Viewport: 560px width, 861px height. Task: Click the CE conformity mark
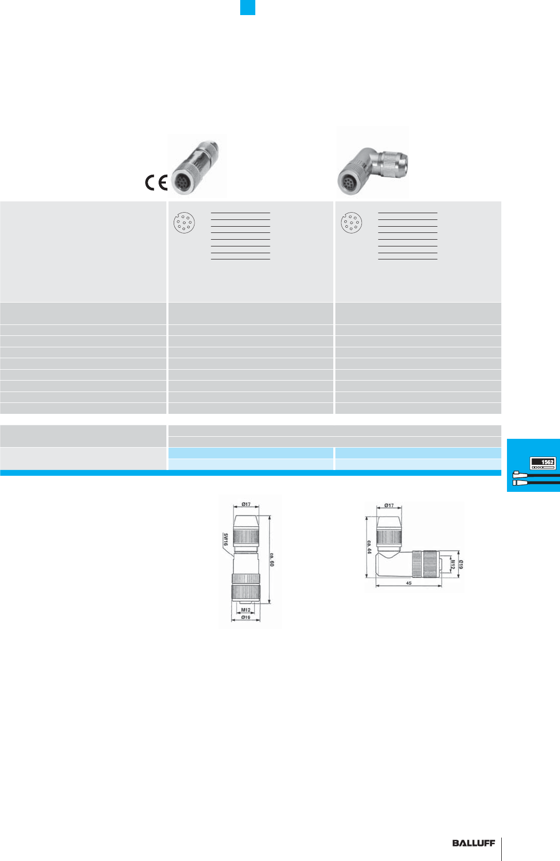tap(156, 182)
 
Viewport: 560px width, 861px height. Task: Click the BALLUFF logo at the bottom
tap(473, 843)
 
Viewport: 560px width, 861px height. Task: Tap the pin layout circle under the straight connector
tap(184, 223)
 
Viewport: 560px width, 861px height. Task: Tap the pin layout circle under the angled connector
tap(351, 223)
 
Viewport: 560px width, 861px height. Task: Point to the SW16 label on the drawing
tap(226, 539)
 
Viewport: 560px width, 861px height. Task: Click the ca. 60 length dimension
tap(271, 559)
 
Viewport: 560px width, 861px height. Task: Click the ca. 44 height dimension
tap(369, 546)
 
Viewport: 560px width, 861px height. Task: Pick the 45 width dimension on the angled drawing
tap(409, 583)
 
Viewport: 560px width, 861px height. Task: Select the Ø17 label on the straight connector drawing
tap(246, 504)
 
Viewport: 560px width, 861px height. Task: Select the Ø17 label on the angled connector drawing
tap(389, 505)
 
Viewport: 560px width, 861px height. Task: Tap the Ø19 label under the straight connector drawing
tap(245, 617)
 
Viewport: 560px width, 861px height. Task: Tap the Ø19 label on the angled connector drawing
tap(461, 564)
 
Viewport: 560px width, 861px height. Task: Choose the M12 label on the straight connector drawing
tap(245, 610)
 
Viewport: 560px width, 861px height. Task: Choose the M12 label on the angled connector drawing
tap(452, 564)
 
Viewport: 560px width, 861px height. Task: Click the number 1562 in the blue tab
tap(547, 462)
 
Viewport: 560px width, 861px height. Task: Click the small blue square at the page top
tap(248, 7)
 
